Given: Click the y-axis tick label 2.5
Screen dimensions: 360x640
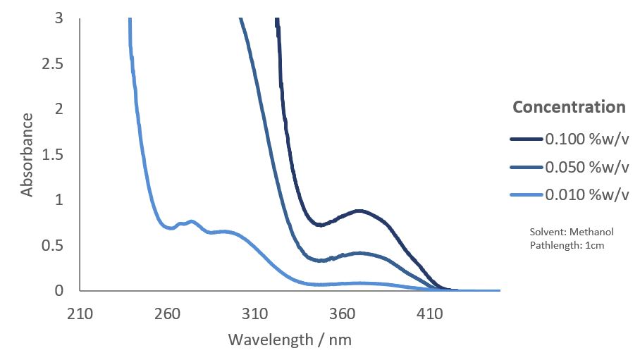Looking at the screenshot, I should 59,64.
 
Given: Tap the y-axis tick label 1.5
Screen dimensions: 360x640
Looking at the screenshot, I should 59,155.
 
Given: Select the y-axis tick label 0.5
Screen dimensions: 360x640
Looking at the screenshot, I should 59,246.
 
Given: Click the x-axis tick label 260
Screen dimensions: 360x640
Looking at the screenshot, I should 168,314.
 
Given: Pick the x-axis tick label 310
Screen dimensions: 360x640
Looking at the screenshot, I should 255,314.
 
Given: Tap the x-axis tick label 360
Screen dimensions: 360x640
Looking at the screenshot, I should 343,314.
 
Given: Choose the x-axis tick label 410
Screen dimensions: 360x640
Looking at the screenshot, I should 430,314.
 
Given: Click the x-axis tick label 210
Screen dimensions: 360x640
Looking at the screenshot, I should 80,314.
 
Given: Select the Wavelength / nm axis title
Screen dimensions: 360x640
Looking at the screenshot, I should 290,340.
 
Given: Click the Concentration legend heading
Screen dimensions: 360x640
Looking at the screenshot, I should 569,107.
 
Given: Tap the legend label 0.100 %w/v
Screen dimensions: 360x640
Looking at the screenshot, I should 586,139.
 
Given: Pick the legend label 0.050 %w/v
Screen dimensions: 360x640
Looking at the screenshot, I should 586,167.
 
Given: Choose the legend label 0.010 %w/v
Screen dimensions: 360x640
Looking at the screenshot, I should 586,195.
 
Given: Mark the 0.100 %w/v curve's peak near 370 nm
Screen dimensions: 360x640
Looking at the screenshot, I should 359,211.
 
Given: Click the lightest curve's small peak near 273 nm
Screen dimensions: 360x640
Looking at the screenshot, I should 191,221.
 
